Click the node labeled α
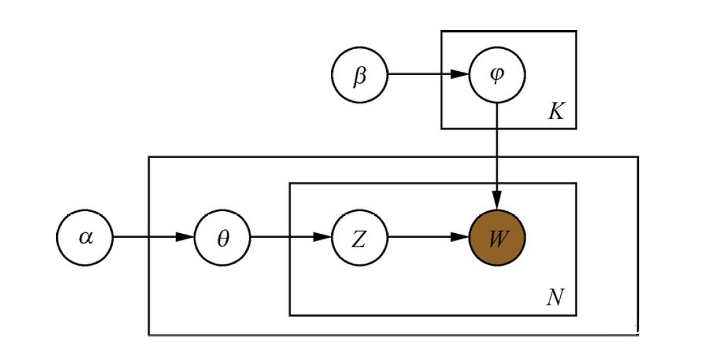[84, 237]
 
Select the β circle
[360, 74]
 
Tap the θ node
[223, 237]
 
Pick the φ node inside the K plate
[497, 74]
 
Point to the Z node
[360, 237]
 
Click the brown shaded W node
[497, 237]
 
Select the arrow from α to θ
[154, 237]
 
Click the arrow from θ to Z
[291, 237]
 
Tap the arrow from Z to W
[429, 237]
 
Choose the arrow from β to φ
[429, 74]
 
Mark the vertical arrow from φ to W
[497, 156]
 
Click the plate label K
[556, 112]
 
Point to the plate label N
[555, 298]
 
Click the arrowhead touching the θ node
[185, 237]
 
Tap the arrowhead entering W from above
[497, 201]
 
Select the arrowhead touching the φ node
[460, 74]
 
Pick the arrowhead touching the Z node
[322, 237]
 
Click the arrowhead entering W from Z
[460, 237]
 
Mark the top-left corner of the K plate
[441, 31]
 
